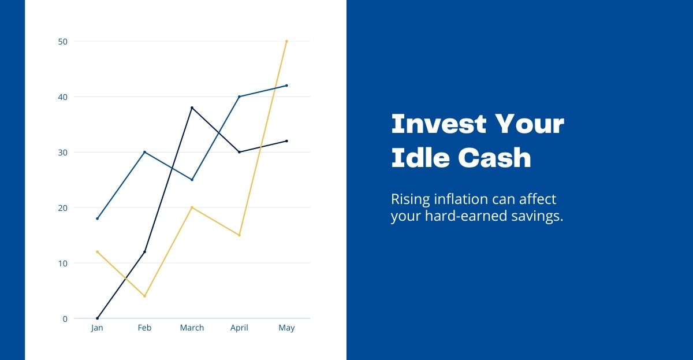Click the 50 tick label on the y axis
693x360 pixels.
(63, 42)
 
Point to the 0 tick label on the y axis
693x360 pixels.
(65, 319)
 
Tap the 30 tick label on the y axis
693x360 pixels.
(63, 153)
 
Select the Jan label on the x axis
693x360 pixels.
(97, 328)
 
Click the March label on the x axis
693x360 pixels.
(192, 328)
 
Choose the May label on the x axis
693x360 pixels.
(286, 328)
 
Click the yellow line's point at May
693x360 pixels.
(286, 41)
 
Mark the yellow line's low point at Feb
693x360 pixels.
(144, 296)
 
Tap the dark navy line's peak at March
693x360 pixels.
(192, 107)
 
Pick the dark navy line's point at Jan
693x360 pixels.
(97, 318)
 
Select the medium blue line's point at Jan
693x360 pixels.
(97, 218)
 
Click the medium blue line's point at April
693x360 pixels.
(239, 97)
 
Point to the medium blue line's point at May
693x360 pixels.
(286, 86)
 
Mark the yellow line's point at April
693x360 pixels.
(239, 235)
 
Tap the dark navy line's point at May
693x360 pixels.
(286, 141)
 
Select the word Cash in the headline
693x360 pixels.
(494, 158)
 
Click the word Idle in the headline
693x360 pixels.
(420, 157)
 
